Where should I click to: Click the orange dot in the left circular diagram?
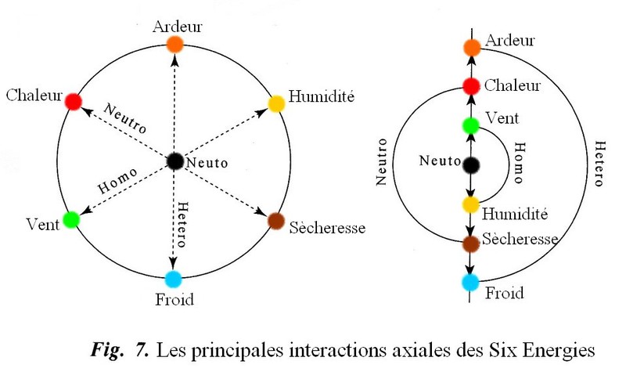(174, 44)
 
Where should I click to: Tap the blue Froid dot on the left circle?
(174, 279)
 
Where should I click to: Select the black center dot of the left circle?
(174, 161)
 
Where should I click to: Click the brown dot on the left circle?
(275, 220)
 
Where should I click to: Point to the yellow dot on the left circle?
(275, 103)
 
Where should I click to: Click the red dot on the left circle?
(73, 102)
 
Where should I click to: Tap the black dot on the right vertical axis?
(470, 164)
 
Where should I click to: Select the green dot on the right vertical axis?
(470, 125)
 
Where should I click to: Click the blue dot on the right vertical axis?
(470, 282)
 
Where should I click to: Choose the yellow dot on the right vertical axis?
(470, 204)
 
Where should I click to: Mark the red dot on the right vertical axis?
(470, 85)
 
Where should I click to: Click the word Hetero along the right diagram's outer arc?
(598, 164)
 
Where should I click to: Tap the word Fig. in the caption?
(106, 350)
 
